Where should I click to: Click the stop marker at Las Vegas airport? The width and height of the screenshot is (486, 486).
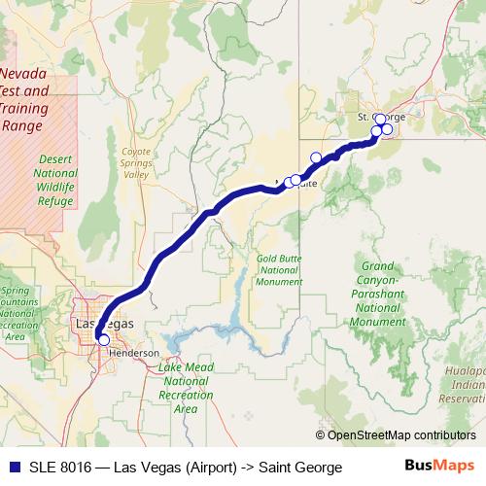(x=104, y=339)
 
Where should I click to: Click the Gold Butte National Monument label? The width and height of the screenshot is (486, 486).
(x=278, y=270)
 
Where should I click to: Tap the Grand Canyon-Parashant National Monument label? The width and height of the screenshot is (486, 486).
(x=376, y=294)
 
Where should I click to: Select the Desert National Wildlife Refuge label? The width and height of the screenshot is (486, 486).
(x=55, y=182)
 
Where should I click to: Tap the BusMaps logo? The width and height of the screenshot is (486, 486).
(x=438, y=467)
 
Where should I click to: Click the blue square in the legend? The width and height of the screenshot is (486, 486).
(x=12, y=468)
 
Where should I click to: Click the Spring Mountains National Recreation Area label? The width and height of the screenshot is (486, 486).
(x=17, y=313)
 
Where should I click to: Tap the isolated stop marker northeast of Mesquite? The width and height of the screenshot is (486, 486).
(x=316, y=157)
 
